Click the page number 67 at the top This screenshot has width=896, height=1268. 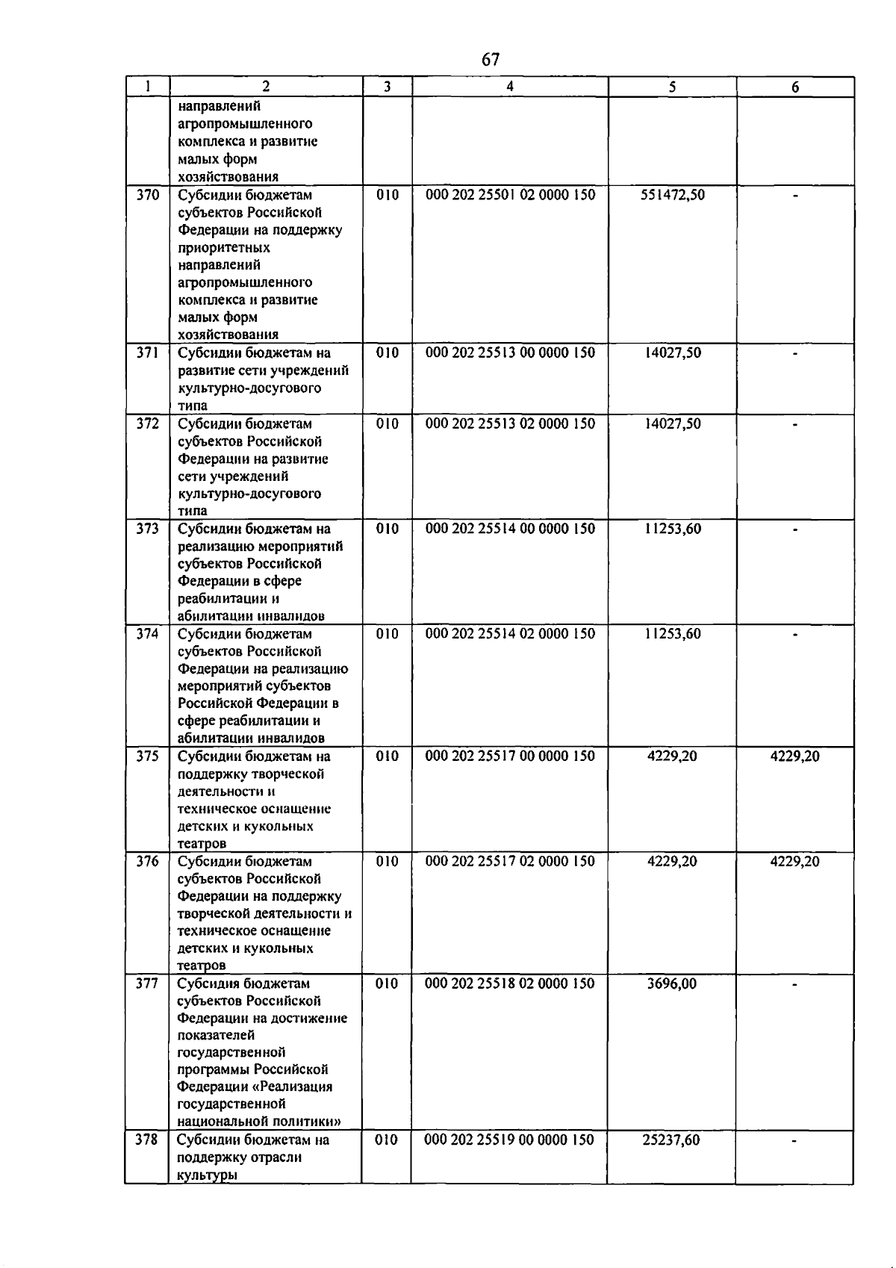coord(491,60)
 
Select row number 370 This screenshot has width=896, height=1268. coord(148,195)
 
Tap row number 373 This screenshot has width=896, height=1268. coord(148,529)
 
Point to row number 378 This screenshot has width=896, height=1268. coord(146,1140)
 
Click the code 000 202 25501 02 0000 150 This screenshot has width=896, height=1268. coord(511,195)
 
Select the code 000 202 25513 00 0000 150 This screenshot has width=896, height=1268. coord(511,352)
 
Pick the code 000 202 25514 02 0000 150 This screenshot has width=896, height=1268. coord(511,634)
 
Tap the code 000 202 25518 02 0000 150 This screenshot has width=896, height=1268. coord(510,983)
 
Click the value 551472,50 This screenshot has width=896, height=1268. coord(673,195)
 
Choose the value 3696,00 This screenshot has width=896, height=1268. coord(672,983)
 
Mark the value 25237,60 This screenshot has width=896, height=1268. coord(671,1140)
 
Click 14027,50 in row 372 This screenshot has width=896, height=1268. coord(673,423)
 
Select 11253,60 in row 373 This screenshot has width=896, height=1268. coord(673,529)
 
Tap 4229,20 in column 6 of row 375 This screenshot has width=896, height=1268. coord(795,756)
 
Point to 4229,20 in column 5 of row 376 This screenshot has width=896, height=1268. coord(672,861)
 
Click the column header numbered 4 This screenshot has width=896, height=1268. coord(510,87)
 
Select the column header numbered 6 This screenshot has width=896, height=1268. coord(795,87)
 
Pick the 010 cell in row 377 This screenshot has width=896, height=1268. coord(387,983)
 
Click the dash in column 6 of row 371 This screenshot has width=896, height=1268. coord(796,353)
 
